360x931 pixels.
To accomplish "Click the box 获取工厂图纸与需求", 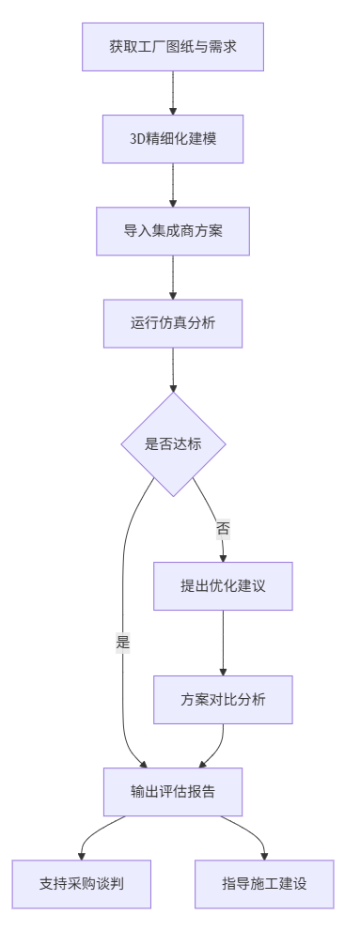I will [173, 46].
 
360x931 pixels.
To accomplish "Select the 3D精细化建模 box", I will [173, 138].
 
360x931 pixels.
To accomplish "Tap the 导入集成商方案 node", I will [173, 231].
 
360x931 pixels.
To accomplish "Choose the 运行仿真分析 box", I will [173, 323].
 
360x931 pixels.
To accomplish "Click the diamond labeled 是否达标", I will [173, 444].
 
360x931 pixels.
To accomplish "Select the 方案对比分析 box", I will [223, 700].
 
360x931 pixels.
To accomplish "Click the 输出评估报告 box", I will [173, 792].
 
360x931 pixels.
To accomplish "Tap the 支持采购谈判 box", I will [82, 884].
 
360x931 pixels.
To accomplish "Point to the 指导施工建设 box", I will [264, 884].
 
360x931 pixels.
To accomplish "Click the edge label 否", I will [223, 528].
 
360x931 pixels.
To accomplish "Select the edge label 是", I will [122, 644].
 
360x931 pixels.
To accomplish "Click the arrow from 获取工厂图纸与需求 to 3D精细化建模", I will [173, 92].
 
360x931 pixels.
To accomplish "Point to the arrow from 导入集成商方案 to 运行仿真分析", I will [173, 277].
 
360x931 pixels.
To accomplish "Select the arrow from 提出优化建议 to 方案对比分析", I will [223, 644].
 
